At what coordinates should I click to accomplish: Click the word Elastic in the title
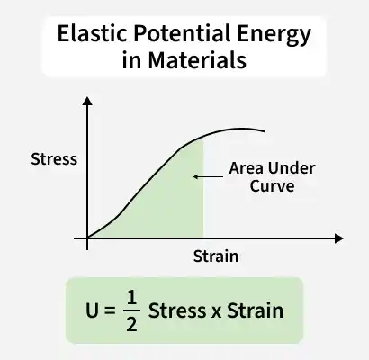pos(92,33)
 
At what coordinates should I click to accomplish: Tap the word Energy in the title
pos(274,35)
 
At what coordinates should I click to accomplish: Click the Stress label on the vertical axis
pos(54,159)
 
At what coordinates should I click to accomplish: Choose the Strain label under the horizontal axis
pos(216,256)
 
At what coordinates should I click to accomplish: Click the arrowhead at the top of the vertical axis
pos(87,102)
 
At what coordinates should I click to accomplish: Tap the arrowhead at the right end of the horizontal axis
pos(338,238)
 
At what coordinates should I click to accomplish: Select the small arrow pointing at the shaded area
pos(208,176)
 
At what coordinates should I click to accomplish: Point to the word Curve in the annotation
pos(272,186)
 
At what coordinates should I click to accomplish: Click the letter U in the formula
pos(92,310)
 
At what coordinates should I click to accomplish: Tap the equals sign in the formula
pos(110,310)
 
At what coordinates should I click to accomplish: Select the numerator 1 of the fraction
pos(131,297)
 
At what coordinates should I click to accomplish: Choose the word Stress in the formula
pos(177,310)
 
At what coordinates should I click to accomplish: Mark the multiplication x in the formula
pos(216,312)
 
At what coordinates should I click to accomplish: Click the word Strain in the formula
pos(255,310)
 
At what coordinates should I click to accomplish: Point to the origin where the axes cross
pos(87,238)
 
